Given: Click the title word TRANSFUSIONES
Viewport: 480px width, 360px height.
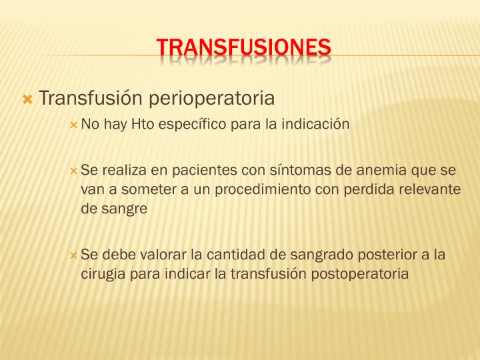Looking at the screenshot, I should click(x=243, y=47).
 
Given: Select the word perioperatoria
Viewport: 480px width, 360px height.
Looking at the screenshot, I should click(x=210, y=99).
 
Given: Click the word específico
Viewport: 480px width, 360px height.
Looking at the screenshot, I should click(x=193, y=125).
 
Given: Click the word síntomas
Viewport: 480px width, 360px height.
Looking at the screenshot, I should click(x=287, y=170).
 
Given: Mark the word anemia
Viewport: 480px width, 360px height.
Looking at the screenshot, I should click(x=362, y=170).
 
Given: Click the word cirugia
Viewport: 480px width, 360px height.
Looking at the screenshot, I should click(x=102, y=273).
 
